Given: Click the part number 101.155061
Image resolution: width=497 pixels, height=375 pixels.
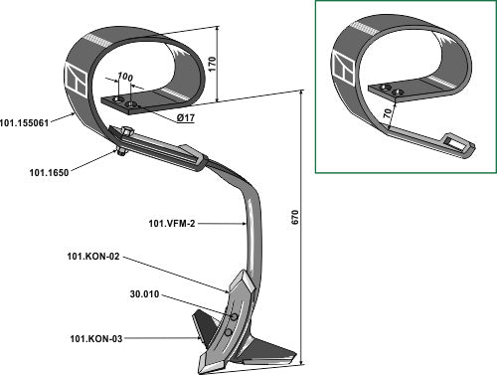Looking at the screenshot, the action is pyautogui.click(x=25, y=123).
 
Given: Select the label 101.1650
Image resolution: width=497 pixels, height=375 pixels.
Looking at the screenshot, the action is pyautogui.click(x=49, y=173).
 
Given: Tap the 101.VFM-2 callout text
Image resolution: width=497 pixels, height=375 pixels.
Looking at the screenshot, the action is pyautogui.click(x=172, y=224).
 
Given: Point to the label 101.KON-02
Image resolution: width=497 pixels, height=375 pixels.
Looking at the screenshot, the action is pyautogui.click(x=93, y=257).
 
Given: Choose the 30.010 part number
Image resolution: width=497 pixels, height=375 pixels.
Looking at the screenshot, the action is pyautogui.click(x=144, y=294).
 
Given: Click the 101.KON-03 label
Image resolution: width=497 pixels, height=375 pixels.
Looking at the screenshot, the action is pyautogui.click(x=96, y=339).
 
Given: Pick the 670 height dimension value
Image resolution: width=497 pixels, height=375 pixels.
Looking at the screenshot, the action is pyautogui.click(x=295, y=217).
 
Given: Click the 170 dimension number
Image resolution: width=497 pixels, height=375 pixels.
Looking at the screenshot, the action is pyautogui.click(x=212, y=64).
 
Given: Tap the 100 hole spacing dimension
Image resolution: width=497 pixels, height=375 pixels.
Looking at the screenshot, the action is pyautogui.click(x=125, y=77).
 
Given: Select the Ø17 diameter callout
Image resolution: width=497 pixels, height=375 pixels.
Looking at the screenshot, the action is pyautogui.click(x=186, y=117).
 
